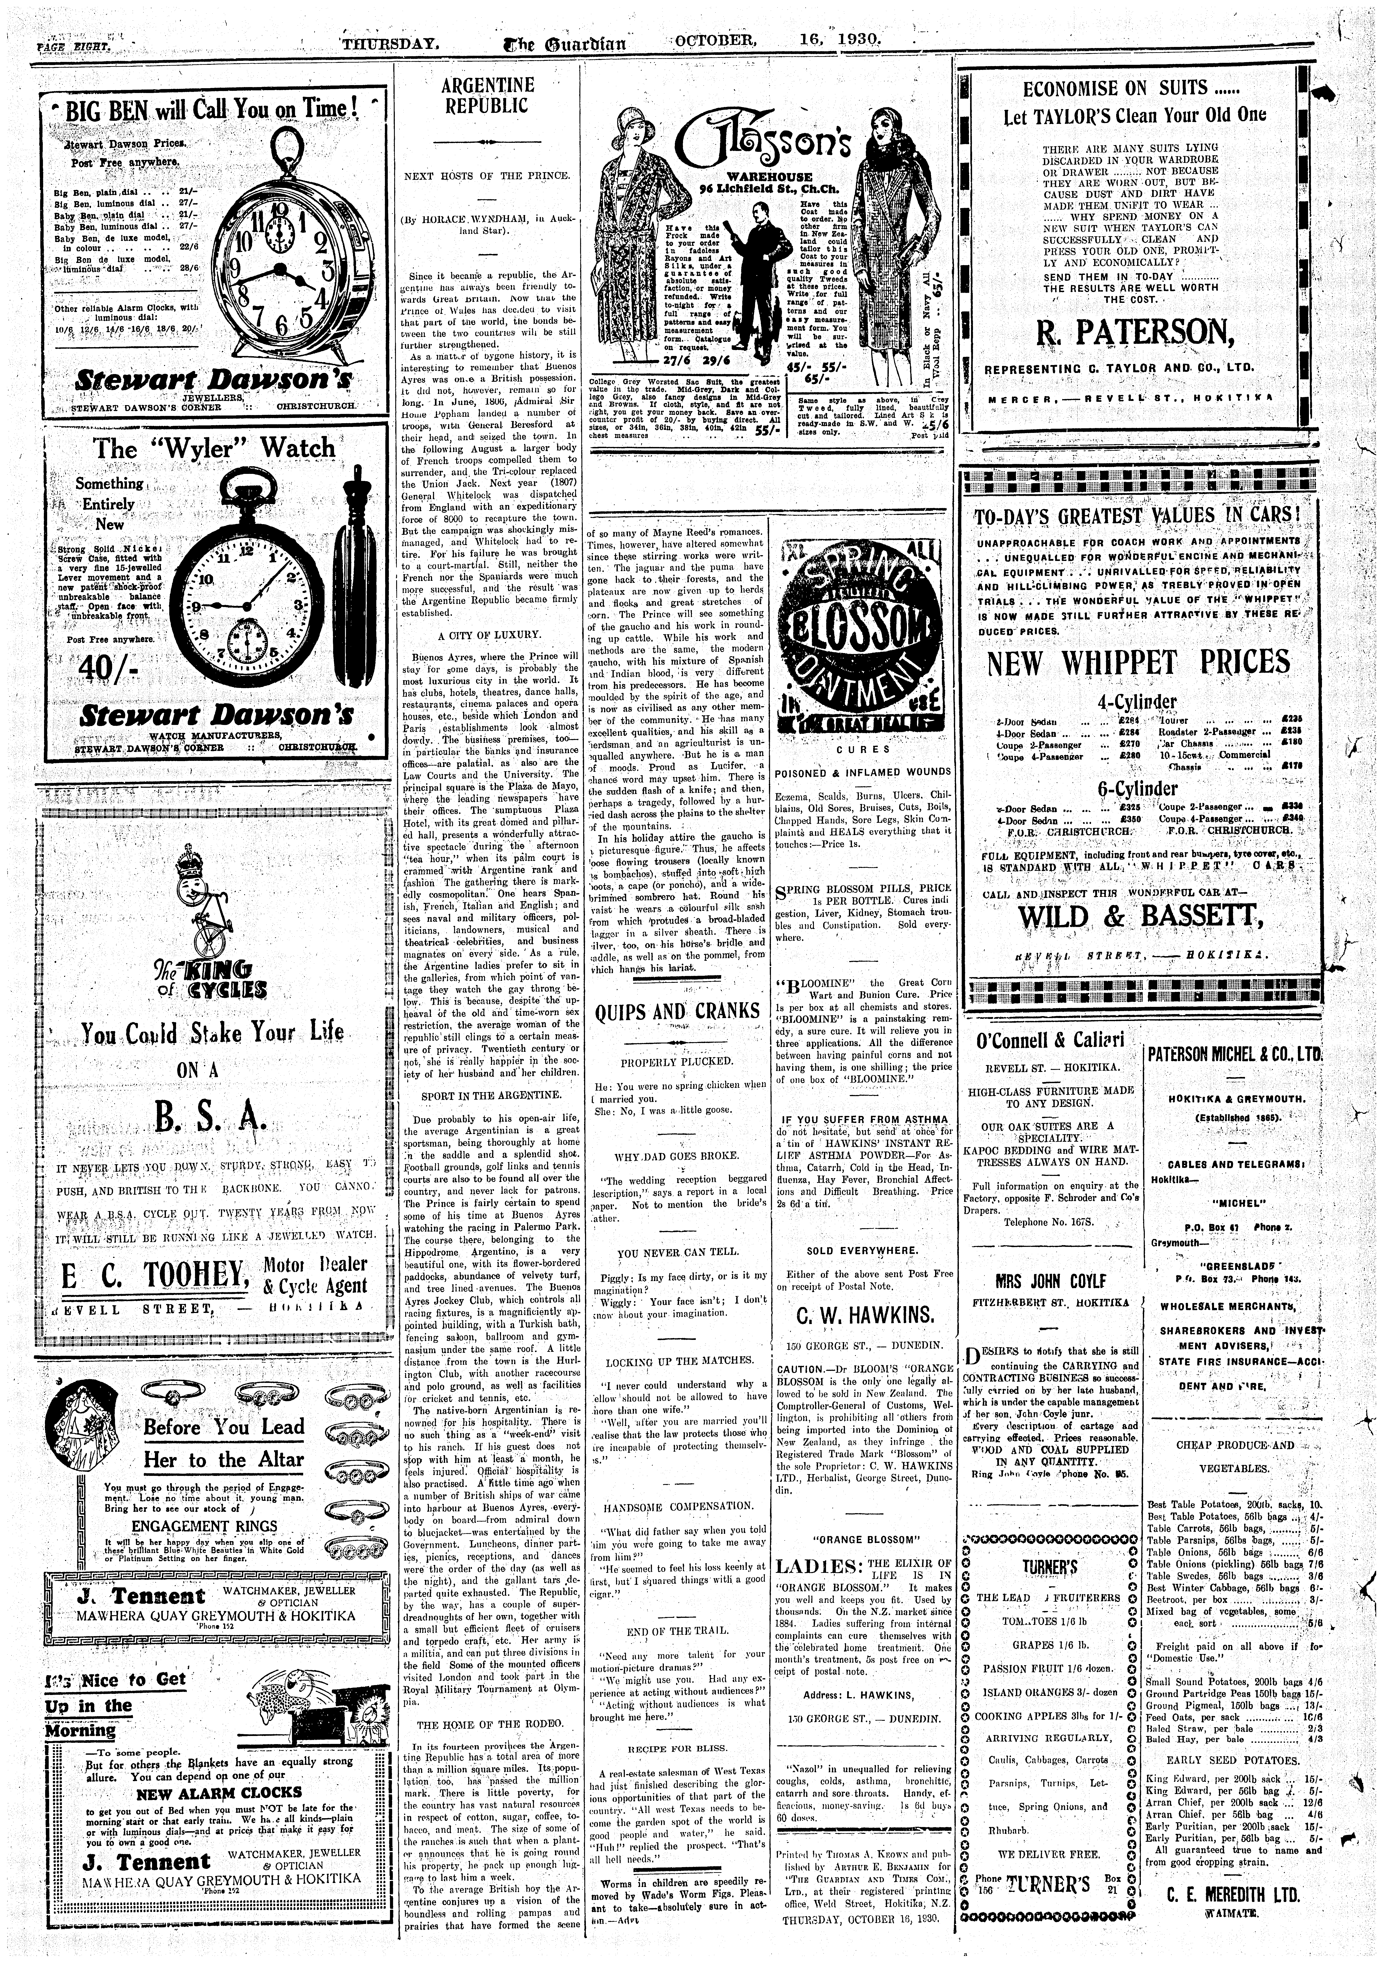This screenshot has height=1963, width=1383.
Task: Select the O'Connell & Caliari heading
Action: pos(1050,1041)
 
